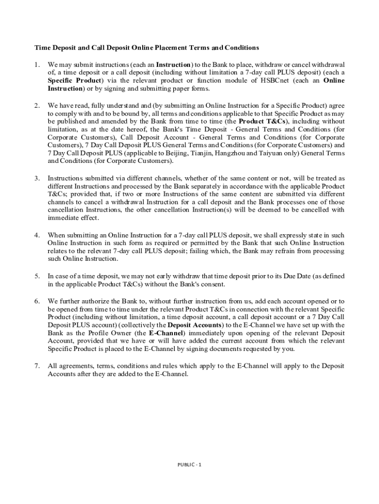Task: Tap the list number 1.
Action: tap(36, 64)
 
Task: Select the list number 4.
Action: tap(36, 235)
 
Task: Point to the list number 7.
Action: tap(36, 366)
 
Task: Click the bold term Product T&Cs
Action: tap(262, 121)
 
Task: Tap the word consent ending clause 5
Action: tap(213, 284)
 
